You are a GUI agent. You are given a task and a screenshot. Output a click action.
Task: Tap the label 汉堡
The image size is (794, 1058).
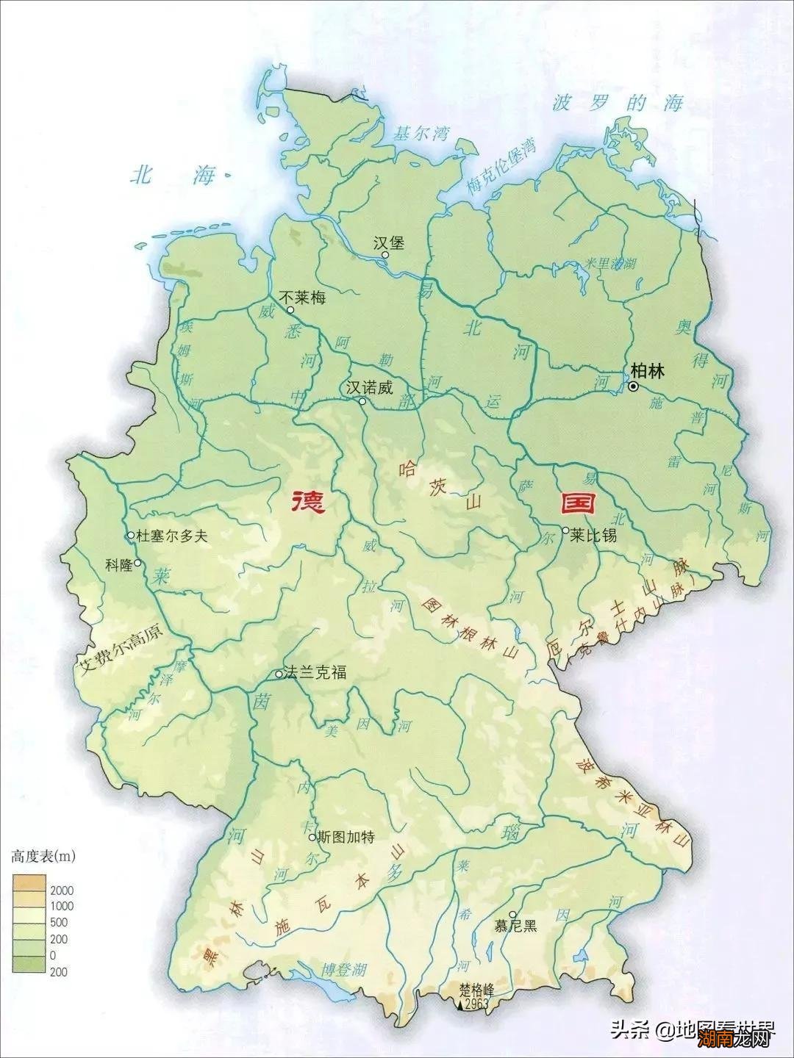tap(389, 243)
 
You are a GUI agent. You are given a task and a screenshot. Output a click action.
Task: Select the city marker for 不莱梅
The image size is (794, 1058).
tap(290, 310)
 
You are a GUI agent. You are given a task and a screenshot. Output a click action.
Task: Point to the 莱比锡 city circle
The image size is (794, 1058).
tap(565, 530)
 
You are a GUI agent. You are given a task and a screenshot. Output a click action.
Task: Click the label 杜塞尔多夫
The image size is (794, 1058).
tap(173, 536)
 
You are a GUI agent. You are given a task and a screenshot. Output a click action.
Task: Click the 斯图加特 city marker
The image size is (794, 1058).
tap(312, 837)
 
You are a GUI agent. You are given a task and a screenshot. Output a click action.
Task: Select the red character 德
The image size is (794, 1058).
tap(308, 503)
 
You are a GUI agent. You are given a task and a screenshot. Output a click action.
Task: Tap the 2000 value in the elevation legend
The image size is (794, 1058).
tap(62, 890)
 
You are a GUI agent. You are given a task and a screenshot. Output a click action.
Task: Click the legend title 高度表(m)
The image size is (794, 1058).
tap(43, 856)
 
